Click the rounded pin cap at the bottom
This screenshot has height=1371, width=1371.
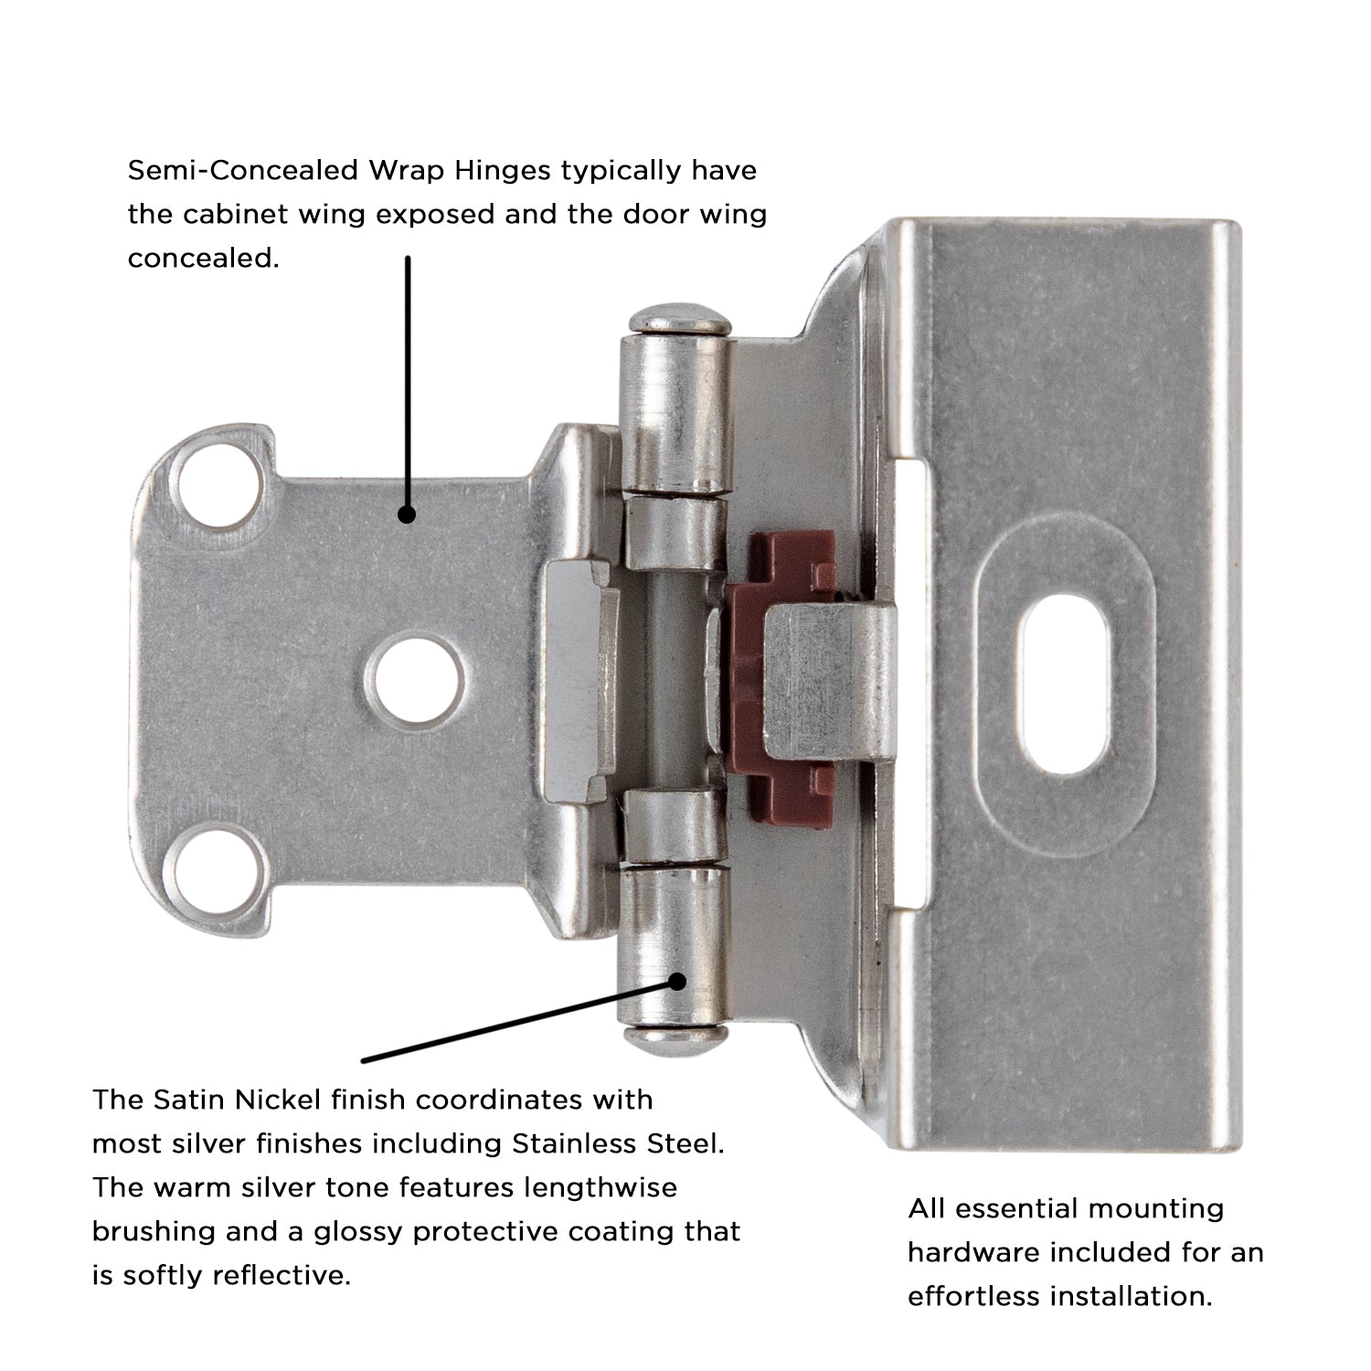click(x=677, y=1037)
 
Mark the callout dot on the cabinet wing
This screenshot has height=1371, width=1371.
click(x=408, y=515)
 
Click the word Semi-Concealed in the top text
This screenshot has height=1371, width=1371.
click(x=241, y=171)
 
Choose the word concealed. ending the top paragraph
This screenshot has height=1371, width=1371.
click(x=202, y=259)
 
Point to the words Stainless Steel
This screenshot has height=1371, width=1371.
click(x=617, y=1143)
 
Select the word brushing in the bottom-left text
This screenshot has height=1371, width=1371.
click(x=148, y=1232)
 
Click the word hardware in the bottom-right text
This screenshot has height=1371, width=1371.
click(x=972, y=1252)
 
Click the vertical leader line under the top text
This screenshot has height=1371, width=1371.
click(x=408, y=384)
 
